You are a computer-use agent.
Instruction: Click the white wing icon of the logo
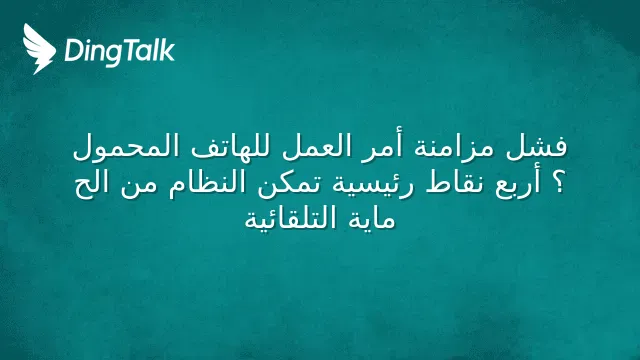pos(39,49)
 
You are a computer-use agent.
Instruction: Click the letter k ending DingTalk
pos(167,50)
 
